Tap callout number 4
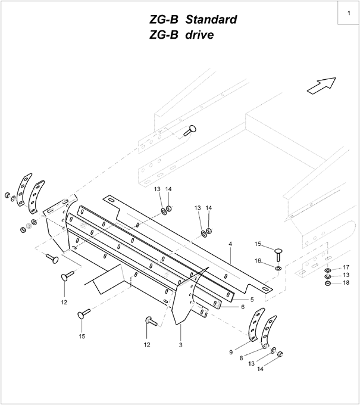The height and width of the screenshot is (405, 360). [x=230, y=244]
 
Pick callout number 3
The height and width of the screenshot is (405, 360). [x=180, y=345]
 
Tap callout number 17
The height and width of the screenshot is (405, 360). [x=346, y=267]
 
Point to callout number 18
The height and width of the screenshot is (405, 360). [x=346, y=283]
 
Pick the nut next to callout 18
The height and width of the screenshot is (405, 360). [x=328, y=283]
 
